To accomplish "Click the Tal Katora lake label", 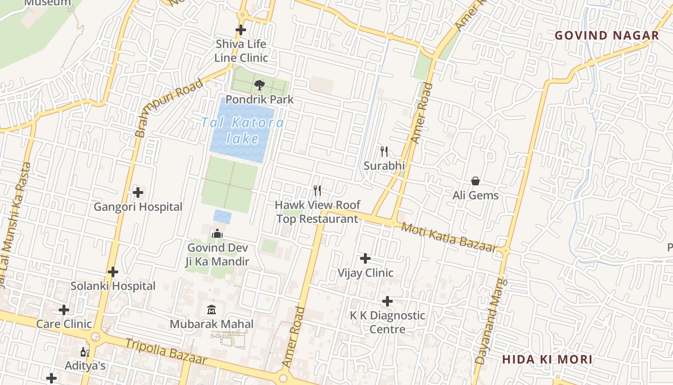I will coord(242,130).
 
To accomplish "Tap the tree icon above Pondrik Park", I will coord(260,85).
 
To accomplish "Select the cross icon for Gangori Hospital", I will coord(138,192).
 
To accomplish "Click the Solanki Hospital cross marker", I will coord(113,272).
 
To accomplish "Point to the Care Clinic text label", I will coord(64,324).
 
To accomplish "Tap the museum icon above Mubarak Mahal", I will coord(212,309).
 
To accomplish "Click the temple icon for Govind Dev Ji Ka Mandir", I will coord(217,233).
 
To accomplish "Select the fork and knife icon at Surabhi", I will coord(384,152).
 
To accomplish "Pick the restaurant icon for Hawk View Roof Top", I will coord(317,191).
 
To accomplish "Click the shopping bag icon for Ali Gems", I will coord(475,181).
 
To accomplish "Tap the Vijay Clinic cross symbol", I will coord(365,258).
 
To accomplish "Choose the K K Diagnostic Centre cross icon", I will coord(387,301).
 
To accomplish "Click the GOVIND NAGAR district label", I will coord(607,36).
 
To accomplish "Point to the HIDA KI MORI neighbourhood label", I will coord(547,359).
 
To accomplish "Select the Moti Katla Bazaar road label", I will coord(448,237).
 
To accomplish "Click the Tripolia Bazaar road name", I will coord(166,351).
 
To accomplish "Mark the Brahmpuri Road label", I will coord(168,108).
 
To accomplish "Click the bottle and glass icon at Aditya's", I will coord(85,352).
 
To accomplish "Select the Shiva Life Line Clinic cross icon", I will coord(241,30).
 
